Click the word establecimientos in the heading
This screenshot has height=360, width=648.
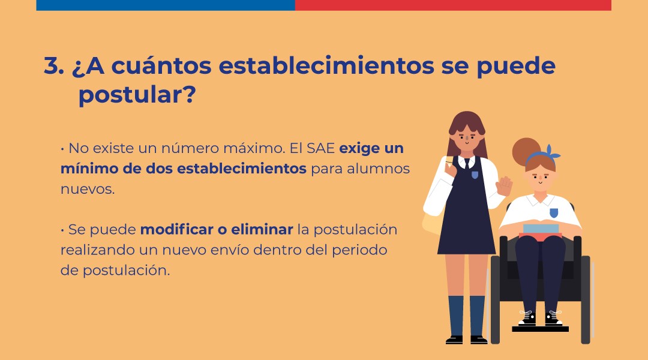coord(326,66)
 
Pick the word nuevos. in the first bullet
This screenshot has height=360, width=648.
coord(88,189)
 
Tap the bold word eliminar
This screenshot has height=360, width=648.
coord(262,229)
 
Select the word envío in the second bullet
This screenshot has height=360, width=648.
coord(229,250)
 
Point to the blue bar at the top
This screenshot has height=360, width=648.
coord(166,5)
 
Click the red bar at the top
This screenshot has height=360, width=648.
coord(453,5)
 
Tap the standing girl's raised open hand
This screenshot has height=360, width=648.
coord(504,186)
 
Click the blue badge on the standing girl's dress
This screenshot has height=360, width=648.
coord(475,175)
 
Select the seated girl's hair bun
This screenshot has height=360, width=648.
coord(526,151)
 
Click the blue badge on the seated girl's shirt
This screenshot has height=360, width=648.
coord(554,213)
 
